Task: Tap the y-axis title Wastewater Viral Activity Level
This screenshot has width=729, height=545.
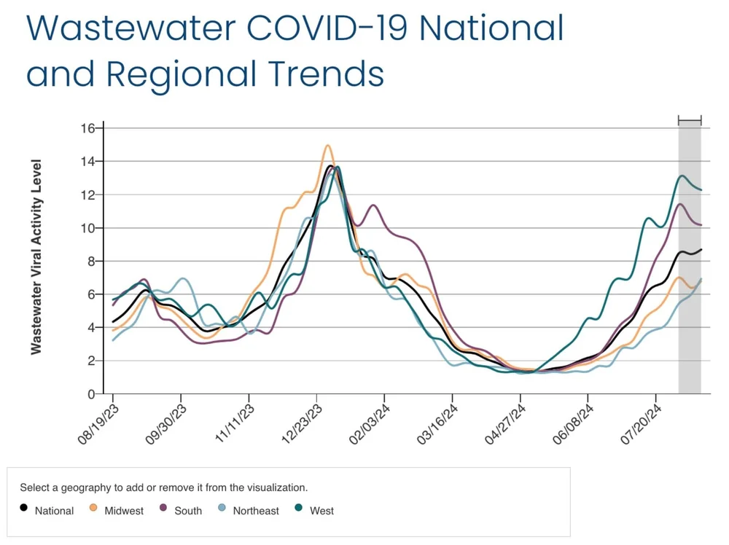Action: point(36,257)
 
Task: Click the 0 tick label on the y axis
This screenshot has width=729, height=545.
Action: point(91,394)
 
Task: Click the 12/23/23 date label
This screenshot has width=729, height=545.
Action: point(300,426)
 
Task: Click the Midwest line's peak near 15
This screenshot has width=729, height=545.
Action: point(327,146)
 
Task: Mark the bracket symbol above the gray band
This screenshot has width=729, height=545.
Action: point(690,120)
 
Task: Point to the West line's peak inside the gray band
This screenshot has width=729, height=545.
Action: point(682,176)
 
